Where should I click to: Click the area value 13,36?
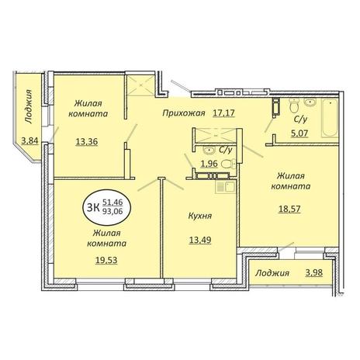point(87,142)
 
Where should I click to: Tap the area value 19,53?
point(106,260)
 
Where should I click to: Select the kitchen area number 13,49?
point(200,240)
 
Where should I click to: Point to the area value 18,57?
point(289,209)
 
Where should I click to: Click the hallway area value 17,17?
point(223,113)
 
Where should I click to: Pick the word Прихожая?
point(184,113)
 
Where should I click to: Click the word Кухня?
point(200,216)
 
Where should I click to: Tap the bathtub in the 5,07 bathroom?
point(330,118)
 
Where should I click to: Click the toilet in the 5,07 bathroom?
point(294,106)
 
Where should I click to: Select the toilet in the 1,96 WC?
point(228,164)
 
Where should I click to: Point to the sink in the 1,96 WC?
point(209,150)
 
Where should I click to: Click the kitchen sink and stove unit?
point(226,187)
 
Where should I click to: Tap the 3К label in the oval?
point(93,207)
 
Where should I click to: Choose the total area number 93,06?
point(112,212)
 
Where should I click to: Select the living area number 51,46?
point(112,202)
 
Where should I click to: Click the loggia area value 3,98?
point(314,273)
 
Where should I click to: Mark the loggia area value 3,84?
point(29,141)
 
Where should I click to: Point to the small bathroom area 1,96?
point(209,164)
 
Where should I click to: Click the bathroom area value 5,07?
point(299,133)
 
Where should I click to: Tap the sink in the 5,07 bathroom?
point(310,102)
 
